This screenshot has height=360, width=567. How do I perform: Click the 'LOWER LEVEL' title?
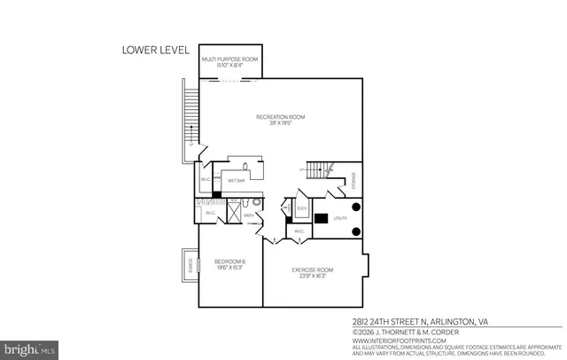pyautogui.click(x=155, y=51)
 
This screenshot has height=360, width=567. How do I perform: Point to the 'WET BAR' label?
pyautogui.click(x=236, y=180)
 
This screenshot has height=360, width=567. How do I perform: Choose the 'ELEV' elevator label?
pyautogui.click(x=301, y=209)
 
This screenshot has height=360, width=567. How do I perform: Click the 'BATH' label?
pyautogui.click(x=249, y=215)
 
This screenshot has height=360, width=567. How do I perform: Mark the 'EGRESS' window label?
pyautogui.click(x=189, y=263)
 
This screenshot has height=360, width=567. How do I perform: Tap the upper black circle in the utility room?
pyautogui.click(x=356, y=207)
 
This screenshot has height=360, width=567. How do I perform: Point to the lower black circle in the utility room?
pyautogui.click(x=356, y=231)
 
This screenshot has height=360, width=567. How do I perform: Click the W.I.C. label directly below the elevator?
pyautogui.click(x=299, y=232)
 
